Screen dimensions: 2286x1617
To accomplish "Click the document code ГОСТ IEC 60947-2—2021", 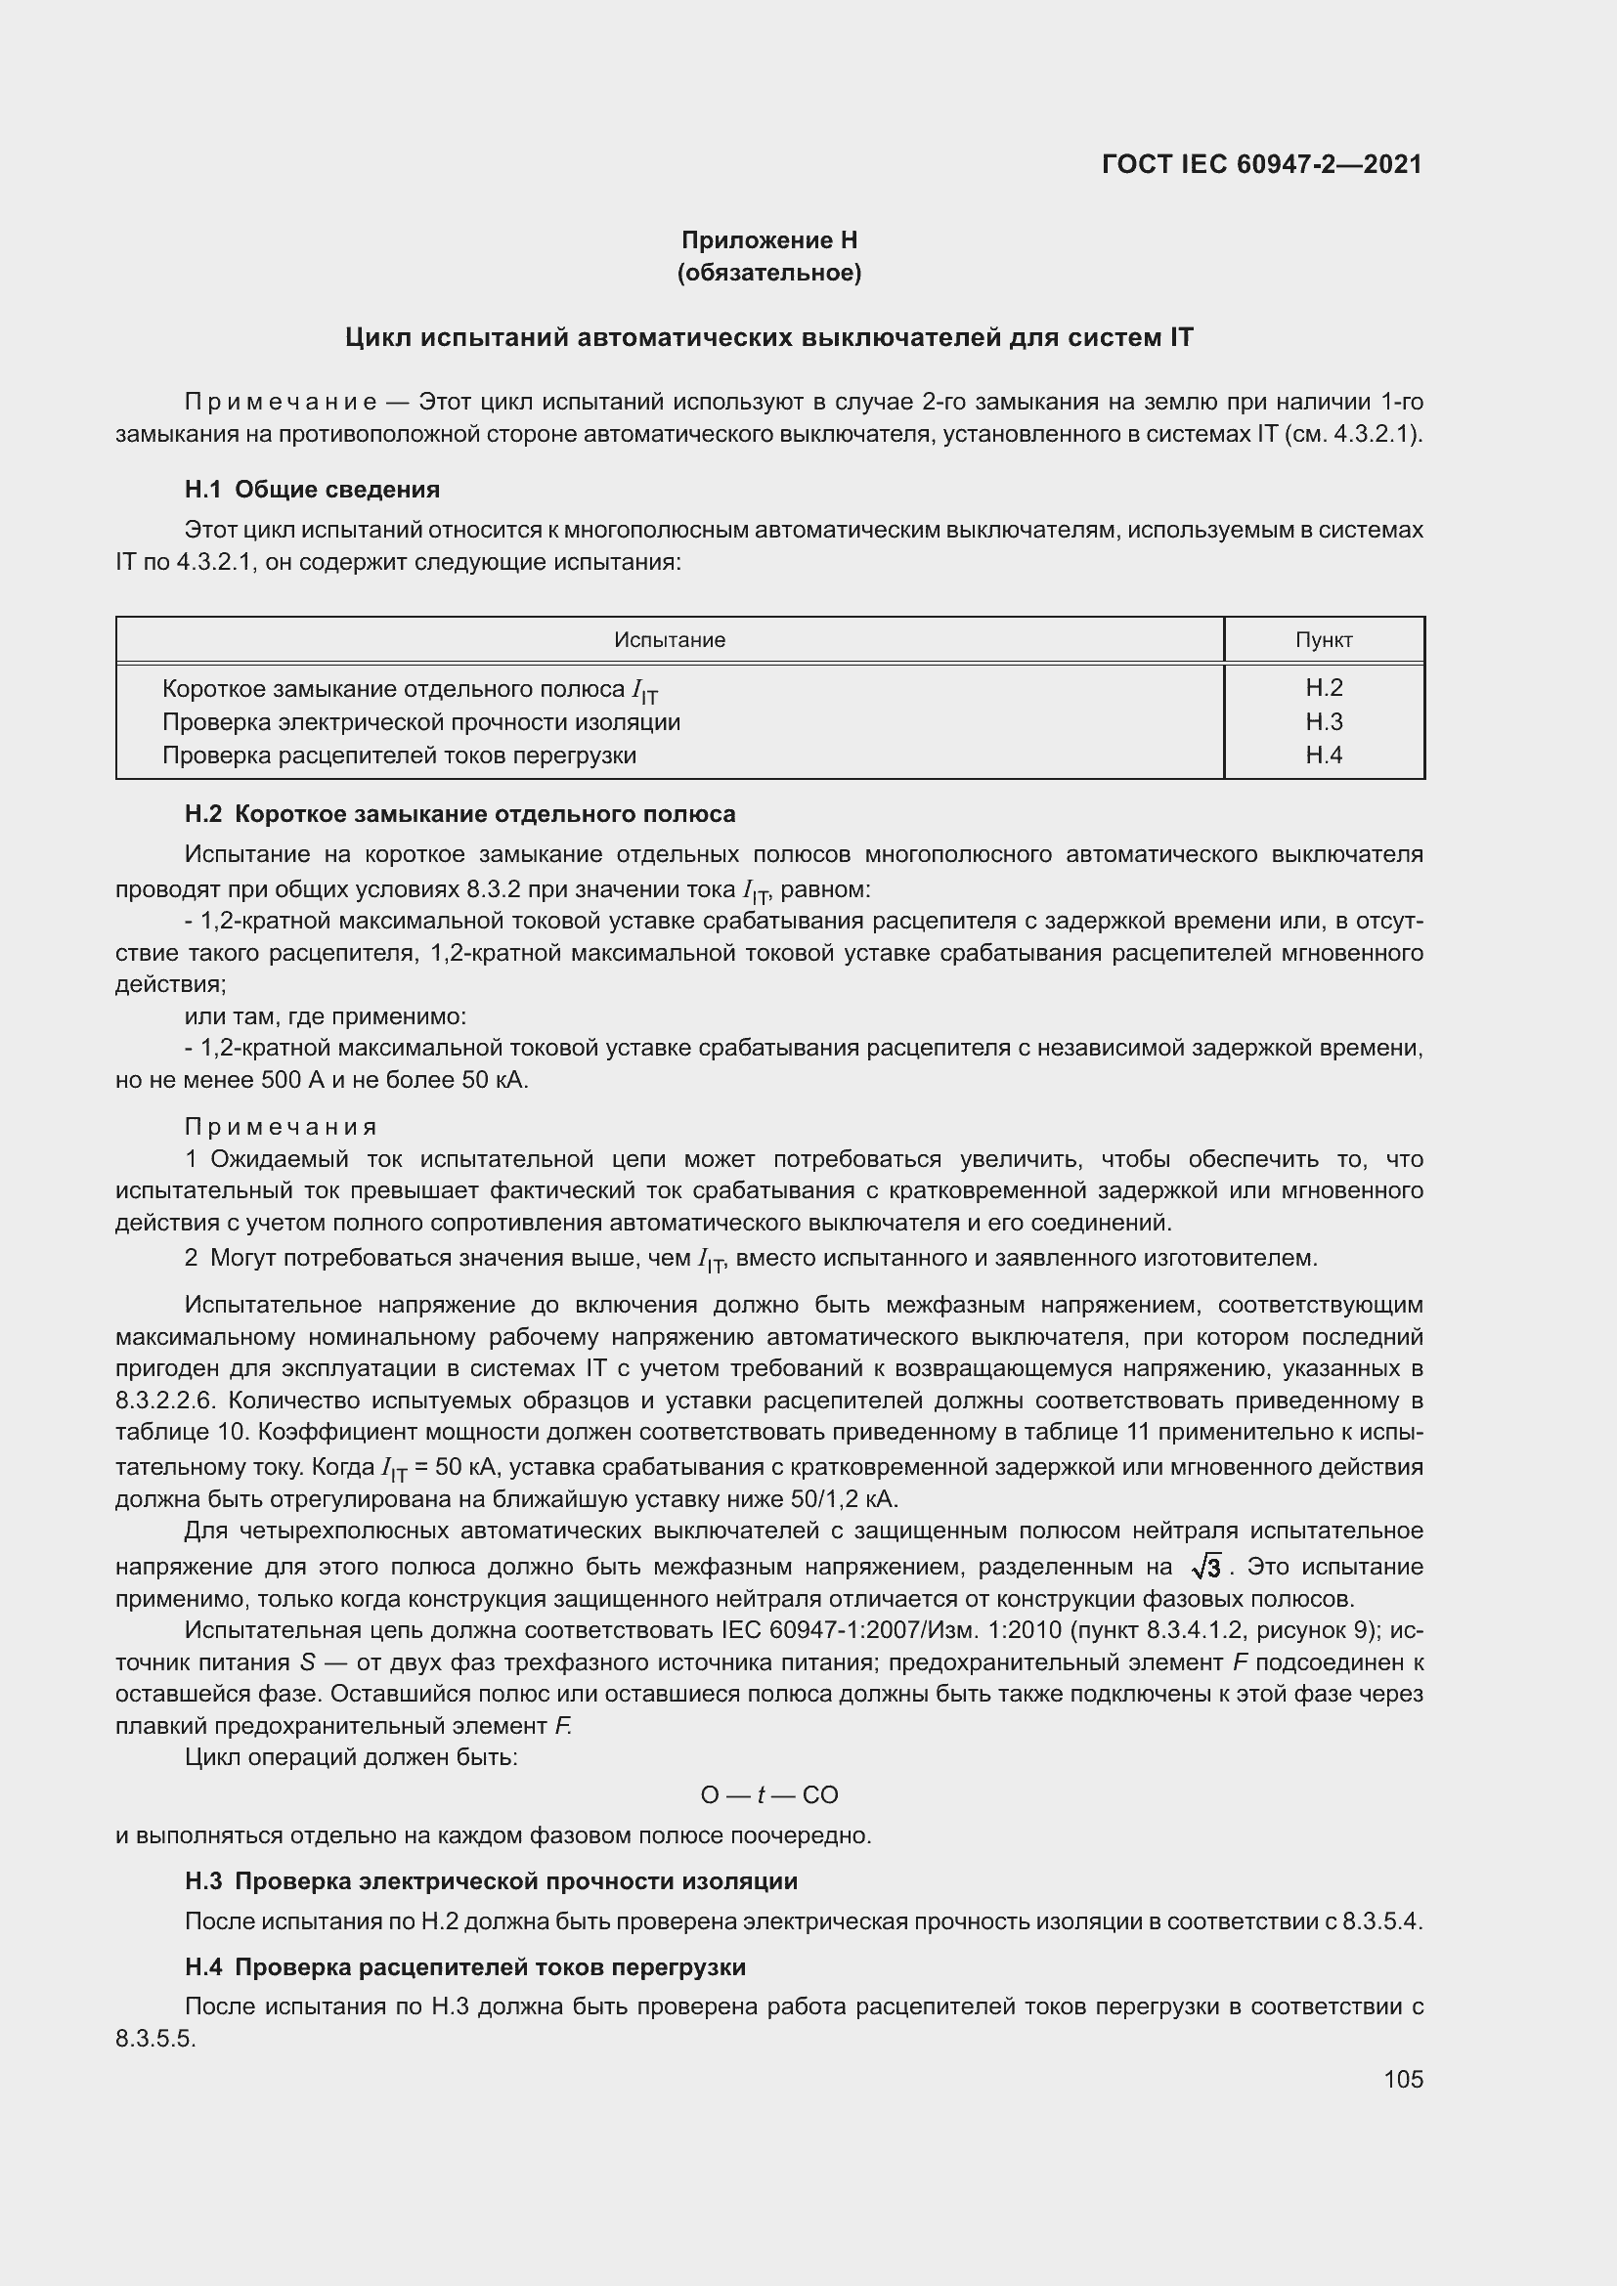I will pos(1261,164).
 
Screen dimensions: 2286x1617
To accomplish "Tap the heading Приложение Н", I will pos(768,240).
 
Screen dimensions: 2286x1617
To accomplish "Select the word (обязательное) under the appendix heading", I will pos(768,272).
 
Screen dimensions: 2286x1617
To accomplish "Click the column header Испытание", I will pos(669,640).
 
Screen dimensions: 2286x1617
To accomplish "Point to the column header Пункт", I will pos(1324,640).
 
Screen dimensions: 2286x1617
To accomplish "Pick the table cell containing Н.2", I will pos(1324,687).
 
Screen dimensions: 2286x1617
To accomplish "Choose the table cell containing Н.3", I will pos(1324,721).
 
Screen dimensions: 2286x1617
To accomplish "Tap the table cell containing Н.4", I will pos(1324,755).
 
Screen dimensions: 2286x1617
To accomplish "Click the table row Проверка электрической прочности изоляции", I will pos(421,722).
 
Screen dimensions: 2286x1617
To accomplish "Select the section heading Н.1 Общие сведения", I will pos(312,489).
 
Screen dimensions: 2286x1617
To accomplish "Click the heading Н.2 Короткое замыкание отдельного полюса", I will pos(460,813).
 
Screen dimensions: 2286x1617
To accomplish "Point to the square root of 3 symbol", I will pos(1205,1568).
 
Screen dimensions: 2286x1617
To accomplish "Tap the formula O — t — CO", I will pos(768,1795).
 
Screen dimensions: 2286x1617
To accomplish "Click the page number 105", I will pos(1403,2079).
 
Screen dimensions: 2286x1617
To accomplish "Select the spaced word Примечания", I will pos(281,1126).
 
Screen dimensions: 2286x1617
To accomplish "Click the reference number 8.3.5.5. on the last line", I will pos(155,2038).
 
